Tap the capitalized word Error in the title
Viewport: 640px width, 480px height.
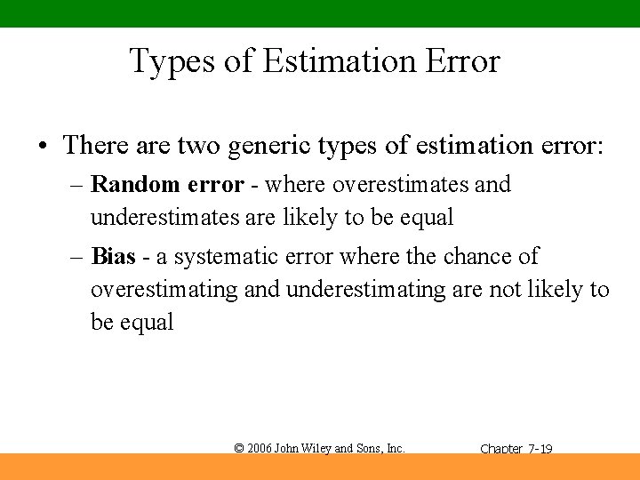coord(462,61)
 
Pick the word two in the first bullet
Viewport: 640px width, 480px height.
coord(200,145)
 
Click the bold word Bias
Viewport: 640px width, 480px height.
coord(114,257)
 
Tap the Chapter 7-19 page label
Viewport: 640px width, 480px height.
coord(516,450)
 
